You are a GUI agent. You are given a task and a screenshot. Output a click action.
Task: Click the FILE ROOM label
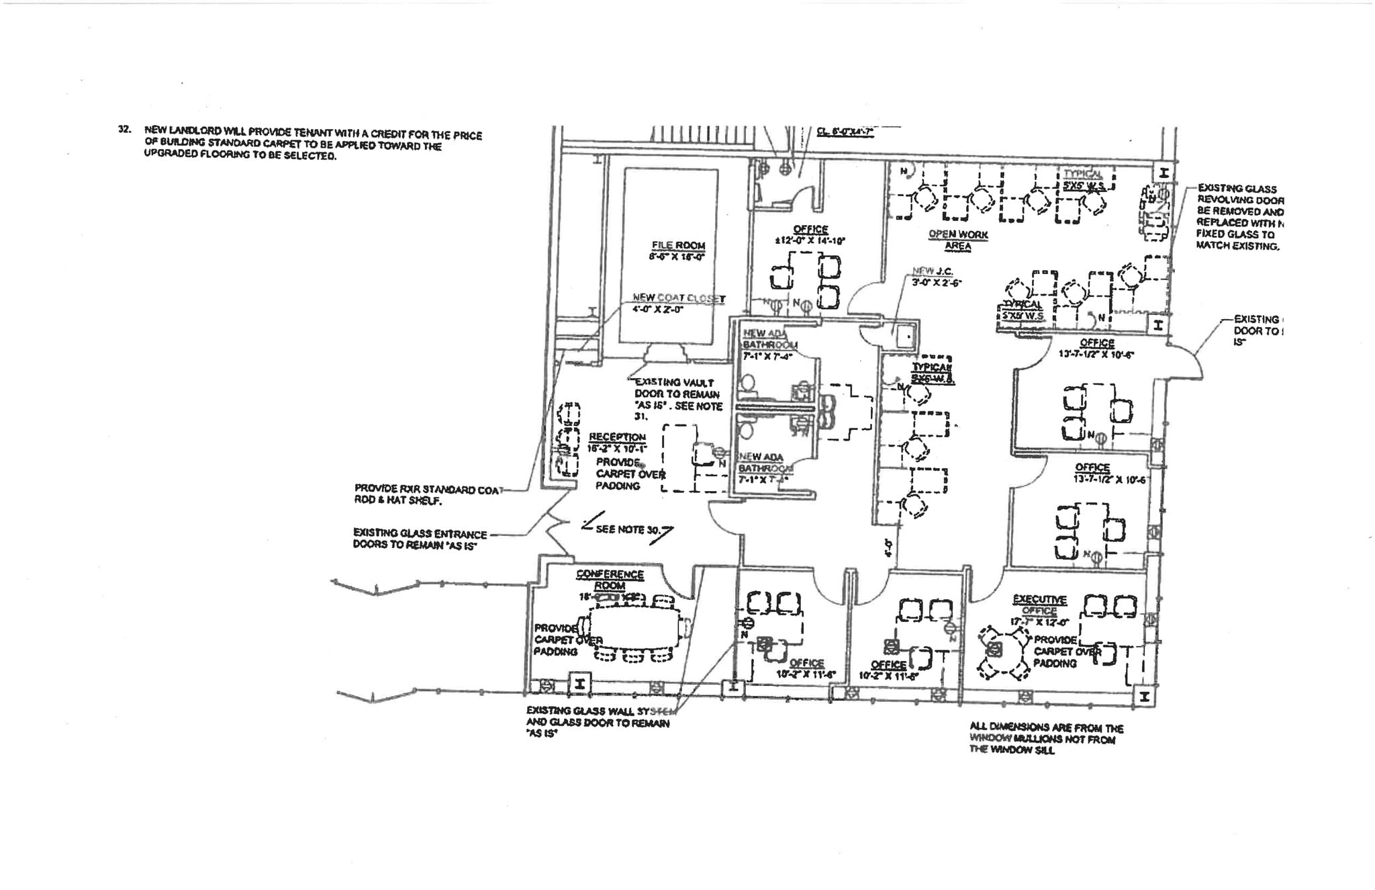pos(677,246)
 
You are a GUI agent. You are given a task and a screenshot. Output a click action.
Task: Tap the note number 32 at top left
pos(124,129)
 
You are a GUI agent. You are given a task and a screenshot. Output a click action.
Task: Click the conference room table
pos(634,628)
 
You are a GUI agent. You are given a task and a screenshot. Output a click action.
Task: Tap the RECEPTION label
pos(617,437)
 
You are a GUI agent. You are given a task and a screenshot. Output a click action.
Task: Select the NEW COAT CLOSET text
pos(678,298)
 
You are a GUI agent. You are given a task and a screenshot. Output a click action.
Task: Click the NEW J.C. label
pos(932,271)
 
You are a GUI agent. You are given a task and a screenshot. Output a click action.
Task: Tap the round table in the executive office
pos(995,649)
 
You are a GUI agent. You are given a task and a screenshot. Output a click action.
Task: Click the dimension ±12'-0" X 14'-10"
pos(810,240)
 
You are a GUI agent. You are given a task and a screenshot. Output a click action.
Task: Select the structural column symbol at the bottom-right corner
pos(1144,697)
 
